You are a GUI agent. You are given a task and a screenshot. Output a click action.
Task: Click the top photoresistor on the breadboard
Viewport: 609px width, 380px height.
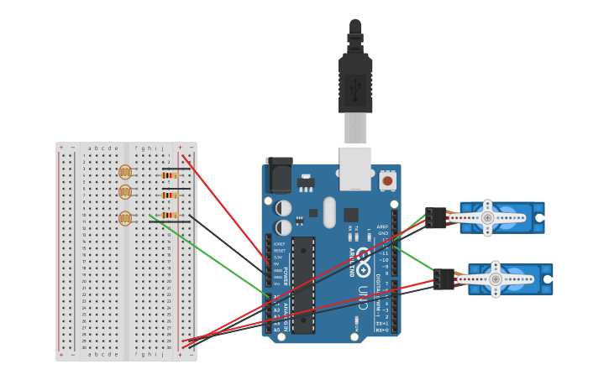(125, 172)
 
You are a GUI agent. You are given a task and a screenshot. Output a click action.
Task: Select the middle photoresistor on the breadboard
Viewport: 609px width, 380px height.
(125, 192)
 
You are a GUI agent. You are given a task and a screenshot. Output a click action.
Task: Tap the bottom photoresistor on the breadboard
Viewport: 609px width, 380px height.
(125, 218)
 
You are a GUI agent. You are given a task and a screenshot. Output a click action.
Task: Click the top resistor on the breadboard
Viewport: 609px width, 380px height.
(169, 175)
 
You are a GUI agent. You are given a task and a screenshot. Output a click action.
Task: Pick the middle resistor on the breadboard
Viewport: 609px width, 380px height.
(169, 195)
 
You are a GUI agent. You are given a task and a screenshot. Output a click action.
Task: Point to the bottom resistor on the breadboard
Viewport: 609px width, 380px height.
(169, 216)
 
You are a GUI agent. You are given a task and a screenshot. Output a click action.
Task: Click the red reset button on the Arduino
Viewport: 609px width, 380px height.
(387, 180)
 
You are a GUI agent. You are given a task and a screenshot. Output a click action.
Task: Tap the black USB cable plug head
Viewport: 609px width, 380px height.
(355, 84)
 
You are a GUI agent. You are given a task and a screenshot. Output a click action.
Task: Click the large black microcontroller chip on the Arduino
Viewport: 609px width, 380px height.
(303, 285)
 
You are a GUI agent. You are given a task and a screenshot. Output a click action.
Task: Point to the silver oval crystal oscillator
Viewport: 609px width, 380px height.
(329, 212)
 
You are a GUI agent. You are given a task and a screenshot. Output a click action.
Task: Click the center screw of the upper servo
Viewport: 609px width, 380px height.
(487, 217)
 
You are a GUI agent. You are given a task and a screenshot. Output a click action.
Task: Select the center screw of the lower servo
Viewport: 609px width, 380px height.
(496, 278)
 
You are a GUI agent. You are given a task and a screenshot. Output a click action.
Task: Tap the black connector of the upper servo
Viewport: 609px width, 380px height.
(435, 218)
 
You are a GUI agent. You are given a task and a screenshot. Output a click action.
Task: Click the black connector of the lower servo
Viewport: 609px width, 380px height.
(444, 279)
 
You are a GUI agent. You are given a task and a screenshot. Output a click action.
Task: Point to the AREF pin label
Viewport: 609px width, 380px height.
(383, 226)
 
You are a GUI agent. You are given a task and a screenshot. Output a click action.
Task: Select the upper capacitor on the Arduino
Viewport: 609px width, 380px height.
(284, 207)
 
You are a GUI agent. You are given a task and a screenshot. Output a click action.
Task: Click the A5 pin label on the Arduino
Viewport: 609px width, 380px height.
(277, 330)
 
